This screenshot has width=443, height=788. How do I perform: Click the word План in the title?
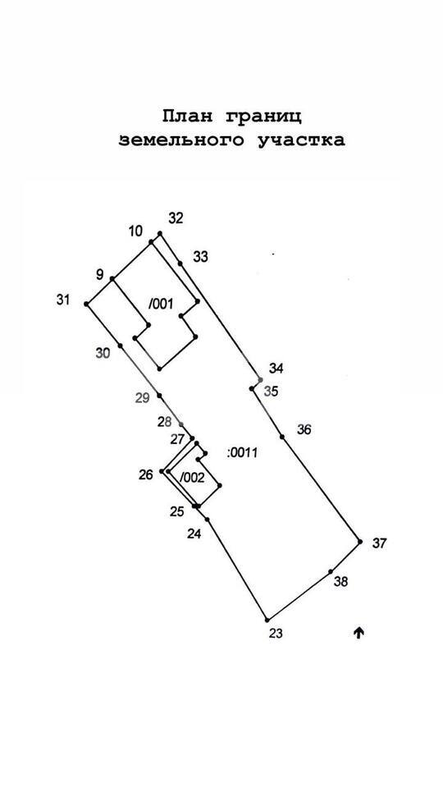(187, 117)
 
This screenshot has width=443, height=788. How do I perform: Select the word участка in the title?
(301, 140)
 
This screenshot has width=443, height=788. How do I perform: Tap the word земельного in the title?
(182, 140)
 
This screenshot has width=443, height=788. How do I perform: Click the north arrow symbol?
(359, 633)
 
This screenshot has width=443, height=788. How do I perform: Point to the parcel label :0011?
(242, 453)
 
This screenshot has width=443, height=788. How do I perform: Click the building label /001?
(161, 304)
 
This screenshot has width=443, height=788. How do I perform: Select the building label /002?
(192, 478)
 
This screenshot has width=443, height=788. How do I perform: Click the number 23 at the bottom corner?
(276, 634)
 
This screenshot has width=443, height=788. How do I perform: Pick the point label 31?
(63, 300)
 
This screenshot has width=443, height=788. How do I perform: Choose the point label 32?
(176, 218)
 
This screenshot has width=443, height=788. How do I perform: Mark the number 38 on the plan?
(341, 582)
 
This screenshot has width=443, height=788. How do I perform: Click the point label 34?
(276, 369)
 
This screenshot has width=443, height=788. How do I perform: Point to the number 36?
(304, 429)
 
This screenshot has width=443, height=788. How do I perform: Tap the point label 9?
(100, 274)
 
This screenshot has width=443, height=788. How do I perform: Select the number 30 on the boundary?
(103, 353)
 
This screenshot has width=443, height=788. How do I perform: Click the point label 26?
(146, 474)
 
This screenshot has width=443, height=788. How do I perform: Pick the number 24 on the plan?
(194, 534)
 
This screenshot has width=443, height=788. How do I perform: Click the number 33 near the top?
(200, 257)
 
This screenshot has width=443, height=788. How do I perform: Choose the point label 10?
(135, 231)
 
